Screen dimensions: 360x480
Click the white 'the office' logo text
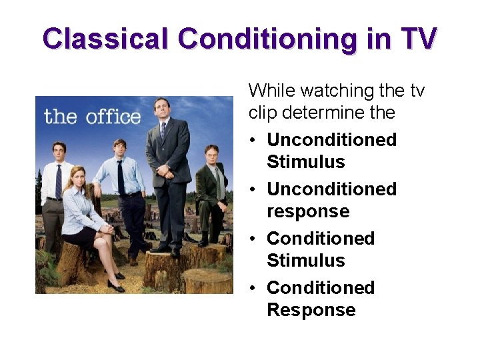click(92, 117)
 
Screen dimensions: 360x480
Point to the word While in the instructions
click(272, 90)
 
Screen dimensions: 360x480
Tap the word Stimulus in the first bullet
click(305, 162)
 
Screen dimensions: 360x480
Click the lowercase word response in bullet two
click(307, 211)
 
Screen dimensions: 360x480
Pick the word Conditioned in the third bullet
click(320, 238)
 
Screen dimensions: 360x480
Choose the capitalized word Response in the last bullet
click(311, 310)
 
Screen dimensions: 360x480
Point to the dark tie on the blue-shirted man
click(121, 177)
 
